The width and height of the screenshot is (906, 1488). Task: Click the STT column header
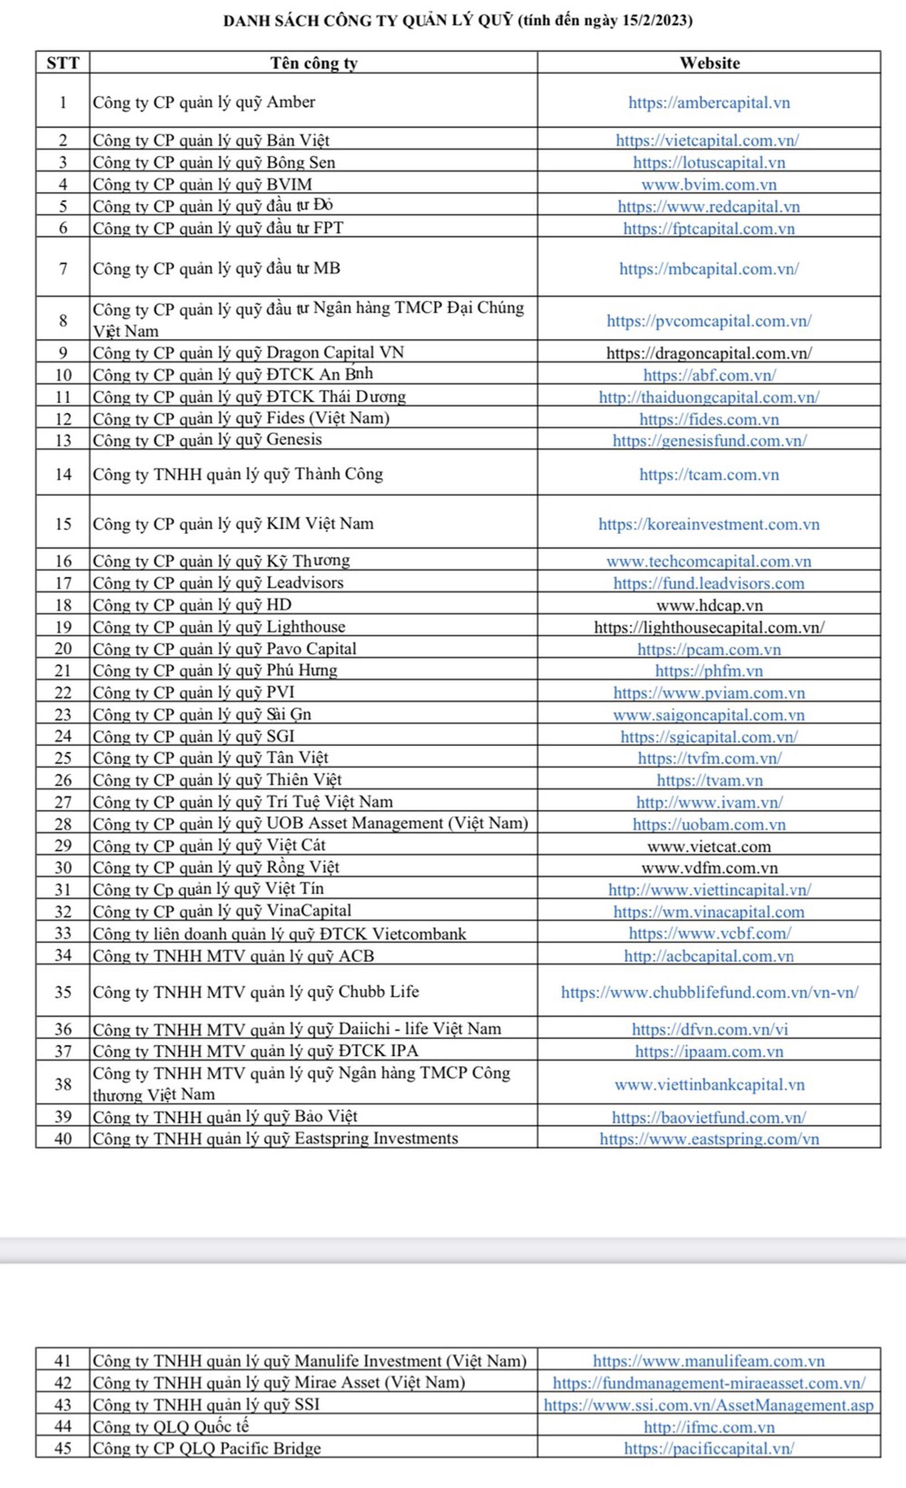tap(63, 63)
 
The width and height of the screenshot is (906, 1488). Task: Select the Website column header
tap(709, 63)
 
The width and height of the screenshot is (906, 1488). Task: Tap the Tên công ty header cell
tap(314, 63)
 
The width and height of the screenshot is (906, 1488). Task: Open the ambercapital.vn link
tap(709, 102)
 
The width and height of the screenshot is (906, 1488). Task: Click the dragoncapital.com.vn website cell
tap(709, 353)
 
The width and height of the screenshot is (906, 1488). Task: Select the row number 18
tap(63, 605)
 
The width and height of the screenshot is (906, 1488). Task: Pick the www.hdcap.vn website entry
tap(709, 605)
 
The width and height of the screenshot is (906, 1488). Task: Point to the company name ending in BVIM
tap(202, 184)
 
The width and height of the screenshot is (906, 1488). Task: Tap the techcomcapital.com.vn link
tap(709, 561)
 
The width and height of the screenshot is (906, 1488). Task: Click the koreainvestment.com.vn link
tap(709, 524)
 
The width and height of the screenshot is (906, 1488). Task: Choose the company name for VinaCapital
tap(221, 911)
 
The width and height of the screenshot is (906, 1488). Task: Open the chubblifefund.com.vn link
tap(709, 992)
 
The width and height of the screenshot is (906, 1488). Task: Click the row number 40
tap(63, 1138)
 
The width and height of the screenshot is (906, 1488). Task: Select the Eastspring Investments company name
tap(275, 1138)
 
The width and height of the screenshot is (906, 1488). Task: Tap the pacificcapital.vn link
tap(709, 1448)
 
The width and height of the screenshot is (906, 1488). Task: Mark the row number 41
tap(63, 1361)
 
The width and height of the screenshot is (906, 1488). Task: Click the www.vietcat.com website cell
tap(709, 846)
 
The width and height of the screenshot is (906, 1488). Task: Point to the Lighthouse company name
tap(219, 627)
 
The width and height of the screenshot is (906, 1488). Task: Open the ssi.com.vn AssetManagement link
tap(709, 1405)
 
